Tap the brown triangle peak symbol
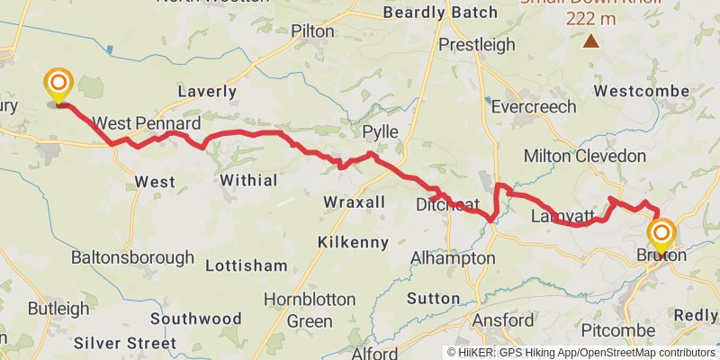[x=591, y=40]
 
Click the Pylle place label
[x=380, y=132]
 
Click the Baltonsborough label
[x=132, y=257]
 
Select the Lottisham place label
[x=246, y=265]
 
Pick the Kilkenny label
[x=353, y=242]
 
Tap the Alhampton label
[x=452, y=258]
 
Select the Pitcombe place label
[x=617, y=330]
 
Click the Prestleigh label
[x=477, y=44]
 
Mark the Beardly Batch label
[x=439, y=13]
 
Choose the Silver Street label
[x=125, y=343]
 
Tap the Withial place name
[x=248, y=180]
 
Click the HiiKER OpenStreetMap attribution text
[x=581, y=352]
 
